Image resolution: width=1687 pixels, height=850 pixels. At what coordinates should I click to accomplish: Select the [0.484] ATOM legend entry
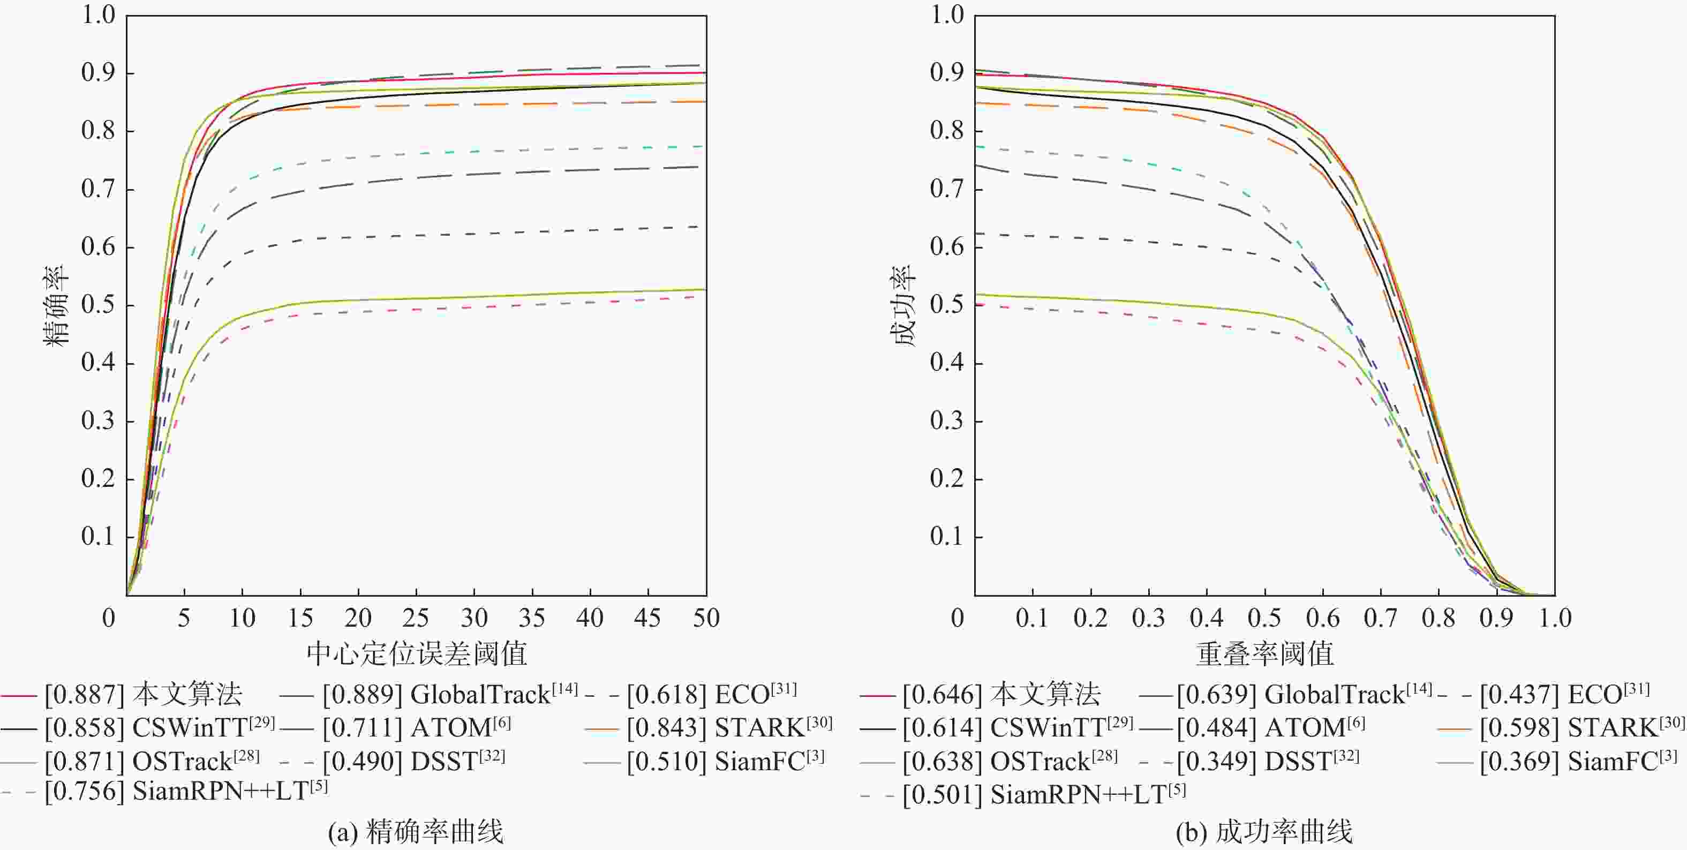pos(1270,727)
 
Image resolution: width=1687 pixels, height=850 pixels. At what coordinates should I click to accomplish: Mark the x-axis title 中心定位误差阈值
pos(417,653)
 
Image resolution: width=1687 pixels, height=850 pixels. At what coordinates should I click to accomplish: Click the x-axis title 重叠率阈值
pos(1264,653)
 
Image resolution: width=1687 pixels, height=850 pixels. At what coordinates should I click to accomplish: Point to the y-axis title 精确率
pos(56,305)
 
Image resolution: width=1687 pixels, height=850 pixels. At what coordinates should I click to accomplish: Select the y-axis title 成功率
pos(904,305)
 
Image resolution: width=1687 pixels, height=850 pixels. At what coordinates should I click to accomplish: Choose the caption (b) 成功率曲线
pos(1264,832)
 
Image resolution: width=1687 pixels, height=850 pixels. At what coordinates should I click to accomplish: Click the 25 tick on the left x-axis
pos(416,618)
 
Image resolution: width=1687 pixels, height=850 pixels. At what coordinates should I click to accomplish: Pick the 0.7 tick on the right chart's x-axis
pos(1381,618)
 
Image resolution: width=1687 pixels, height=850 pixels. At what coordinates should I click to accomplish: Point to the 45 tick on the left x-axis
pos(647,618)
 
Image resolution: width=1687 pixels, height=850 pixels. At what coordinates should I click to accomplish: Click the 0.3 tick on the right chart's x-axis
pos(1148,618)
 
